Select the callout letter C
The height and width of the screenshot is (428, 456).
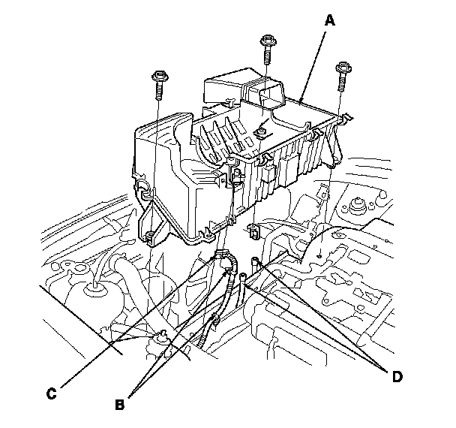[x=52, y=391]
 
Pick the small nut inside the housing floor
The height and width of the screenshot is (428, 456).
[x=262, y=133]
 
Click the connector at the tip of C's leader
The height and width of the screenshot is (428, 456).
[x=221, y=255]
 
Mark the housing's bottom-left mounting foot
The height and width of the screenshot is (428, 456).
[x=149, y=237]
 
